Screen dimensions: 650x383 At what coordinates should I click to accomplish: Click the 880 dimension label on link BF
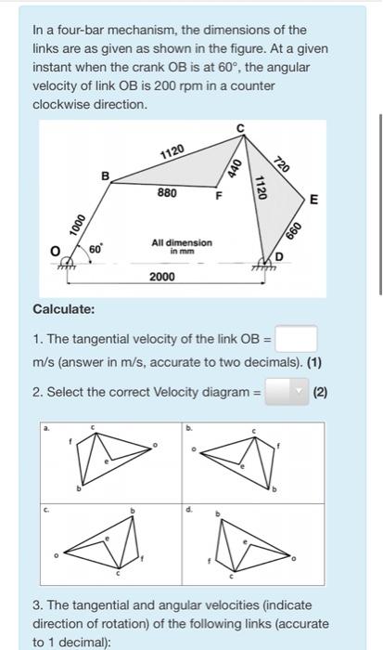[167, 193]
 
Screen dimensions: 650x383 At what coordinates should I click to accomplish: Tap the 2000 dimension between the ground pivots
[163, 277]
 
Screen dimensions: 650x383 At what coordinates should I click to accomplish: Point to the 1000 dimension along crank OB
[76, 225]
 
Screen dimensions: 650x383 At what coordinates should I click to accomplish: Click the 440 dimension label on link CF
[235, 167]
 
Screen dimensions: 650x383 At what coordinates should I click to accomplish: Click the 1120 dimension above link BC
[172, 151]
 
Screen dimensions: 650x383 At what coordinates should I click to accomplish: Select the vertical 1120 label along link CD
[262, 188]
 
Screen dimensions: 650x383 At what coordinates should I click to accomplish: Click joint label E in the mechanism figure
[313, 200]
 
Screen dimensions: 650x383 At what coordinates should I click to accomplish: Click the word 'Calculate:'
[63, 308]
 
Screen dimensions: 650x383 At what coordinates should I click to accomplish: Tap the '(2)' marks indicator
[321, 393]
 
